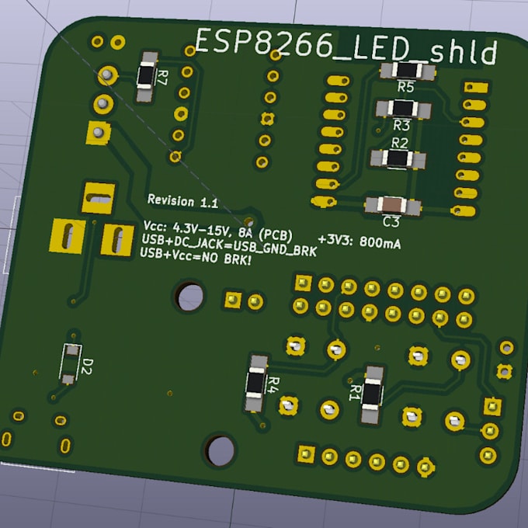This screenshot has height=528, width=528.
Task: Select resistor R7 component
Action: click(x=145, y=75)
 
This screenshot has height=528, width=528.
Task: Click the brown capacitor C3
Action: click(x=393, y=206)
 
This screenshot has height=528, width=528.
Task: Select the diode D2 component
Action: click(x=71, y=362)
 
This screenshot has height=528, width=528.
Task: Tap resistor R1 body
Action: click(x=373, y=394)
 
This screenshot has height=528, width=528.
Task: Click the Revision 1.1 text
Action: click(x=182, y=202)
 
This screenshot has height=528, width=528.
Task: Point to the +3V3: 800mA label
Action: click(x=360, y=241)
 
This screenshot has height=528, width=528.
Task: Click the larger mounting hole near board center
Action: click(x=190, y=296)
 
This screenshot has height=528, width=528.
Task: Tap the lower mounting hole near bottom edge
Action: click(x=221, y=448)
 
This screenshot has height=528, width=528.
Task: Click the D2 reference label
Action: click(x=88, y=364)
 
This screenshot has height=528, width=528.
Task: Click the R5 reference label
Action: click(x=406, y=87)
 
